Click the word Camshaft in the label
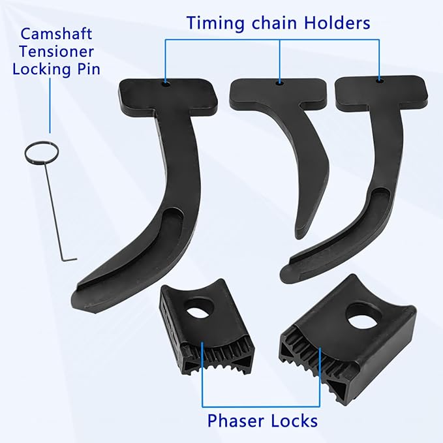tap(56, 34)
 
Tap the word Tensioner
tap(57, 52)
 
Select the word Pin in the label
tap(89, 69)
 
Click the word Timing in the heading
tap(215, 23)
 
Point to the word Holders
tap(337, 23)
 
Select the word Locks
tap(294, 421)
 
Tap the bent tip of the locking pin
tap(70, 259)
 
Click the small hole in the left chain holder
tap(166, 84)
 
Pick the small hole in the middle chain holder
tap(280, 82)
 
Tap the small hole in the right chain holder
tap(380, 81)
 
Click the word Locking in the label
tap(42, 70)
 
